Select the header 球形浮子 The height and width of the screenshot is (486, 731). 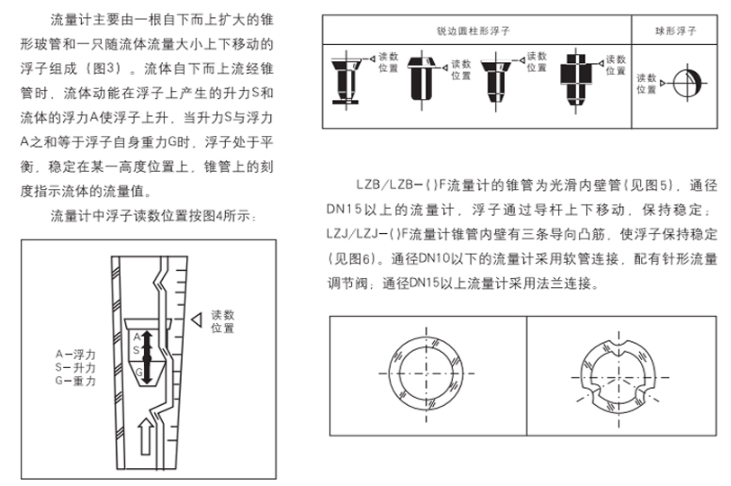pos(678,30)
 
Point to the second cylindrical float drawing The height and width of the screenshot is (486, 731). pos(420,76)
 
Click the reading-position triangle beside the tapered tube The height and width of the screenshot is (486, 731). pos(197,320)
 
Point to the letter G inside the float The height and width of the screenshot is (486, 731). pos(138,371)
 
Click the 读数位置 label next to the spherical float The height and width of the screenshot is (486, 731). pos(645,84)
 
